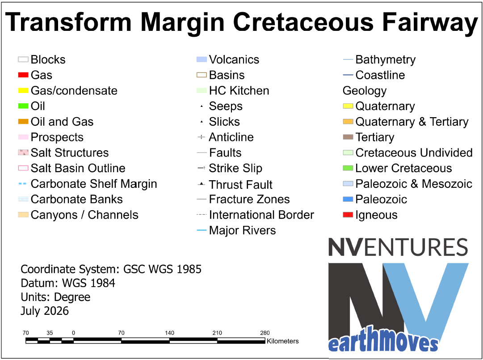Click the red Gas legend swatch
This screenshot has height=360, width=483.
coord(23,75)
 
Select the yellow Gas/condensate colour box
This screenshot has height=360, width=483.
coord(23,91)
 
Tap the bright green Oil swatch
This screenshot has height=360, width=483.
coord(23,106)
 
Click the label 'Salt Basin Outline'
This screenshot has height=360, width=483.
coord(78,168)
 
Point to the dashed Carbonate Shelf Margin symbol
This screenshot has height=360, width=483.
coord(22,184)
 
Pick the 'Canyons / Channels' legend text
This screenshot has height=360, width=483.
coord(84,215)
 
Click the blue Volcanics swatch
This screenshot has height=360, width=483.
coord(202,59)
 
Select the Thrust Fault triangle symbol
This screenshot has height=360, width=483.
coord(202,184)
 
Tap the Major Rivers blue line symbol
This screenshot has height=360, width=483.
coord(202,230)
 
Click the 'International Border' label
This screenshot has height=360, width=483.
coord(261,215)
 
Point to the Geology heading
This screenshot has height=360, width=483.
coord(365,91)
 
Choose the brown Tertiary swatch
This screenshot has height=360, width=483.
coord(348,137)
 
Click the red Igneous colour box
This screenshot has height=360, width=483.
coord(348,215)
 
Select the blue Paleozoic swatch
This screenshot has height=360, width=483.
coord(348,199)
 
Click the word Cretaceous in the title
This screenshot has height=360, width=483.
coord(303,22)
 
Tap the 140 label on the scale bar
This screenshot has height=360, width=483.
coord(169,333)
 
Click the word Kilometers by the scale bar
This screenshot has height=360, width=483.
coord(282,341)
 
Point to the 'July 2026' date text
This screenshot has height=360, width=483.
coord(45,311)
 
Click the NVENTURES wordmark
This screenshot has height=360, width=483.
coord(398,247)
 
